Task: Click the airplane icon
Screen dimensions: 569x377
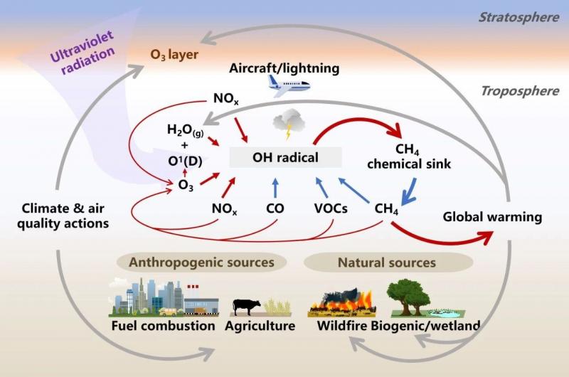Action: coord(289,86)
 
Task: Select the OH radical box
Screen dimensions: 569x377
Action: coord(286,157)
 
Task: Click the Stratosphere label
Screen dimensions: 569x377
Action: coord(519,17)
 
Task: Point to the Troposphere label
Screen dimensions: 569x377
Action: coord(520,91)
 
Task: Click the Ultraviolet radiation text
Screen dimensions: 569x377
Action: coord(83,52)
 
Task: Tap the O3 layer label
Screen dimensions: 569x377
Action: coord(174,55)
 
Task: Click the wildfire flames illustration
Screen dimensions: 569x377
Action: coord(341,301)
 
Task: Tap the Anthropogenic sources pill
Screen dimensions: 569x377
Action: coord(202,262)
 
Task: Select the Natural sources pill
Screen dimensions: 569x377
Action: coord(388,262)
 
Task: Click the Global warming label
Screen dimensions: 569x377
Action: coord(492,217)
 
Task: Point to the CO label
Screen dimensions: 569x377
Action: coord(275,208)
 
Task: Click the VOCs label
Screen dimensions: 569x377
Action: coord(331,208)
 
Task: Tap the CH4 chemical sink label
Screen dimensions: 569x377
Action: coord(408,156)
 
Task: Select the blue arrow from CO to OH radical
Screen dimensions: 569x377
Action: coord(275,188)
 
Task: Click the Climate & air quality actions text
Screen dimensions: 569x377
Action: coord(63,216)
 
